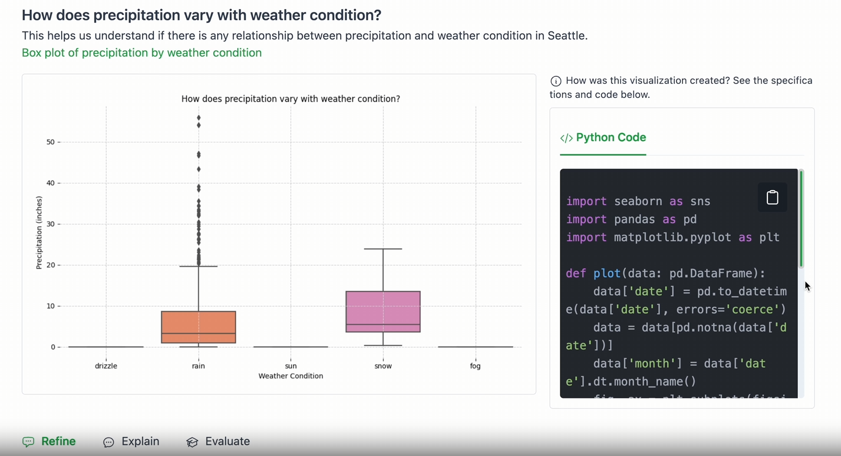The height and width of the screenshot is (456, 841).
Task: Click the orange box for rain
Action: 199,327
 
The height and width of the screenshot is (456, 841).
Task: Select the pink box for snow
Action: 383,311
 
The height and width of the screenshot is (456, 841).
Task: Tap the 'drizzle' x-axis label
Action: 106,366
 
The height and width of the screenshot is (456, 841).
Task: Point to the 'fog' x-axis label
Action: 475,366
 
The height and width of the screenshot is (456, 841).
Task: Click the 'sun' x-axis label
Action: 291,366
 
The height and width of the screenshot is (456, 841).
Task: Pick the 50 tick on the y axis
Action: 51,142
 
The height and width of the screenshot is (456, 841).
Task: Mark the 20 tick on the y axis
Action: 51,265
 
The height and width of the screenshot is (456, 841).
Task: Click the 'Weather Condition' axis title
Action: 291,376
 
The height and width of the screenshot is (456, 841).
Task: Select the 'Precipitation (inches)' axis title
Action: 39,232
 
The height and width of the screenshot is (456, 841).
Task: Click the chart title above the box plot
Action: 291,99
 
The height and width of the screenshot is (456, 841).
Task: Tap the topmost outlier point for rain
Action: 199,118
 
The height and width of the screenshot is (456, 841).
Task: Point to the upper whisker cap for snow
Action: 383,249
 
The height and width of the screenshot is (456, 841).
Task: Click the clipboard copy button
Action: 772,197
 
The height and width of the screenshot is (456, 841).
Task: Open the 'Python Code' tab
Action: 603,137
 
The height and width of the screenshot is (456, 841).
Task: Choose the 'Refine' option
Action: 49,441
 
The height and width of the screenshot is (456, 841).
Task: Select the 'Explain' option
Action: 131,441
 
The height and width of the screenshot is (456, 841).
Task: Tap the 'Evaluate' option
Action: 218,441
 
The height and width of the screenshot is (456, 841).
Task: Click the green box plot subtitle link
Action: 142,53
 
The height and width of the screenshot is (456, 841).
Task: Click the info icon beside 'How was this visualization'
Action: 556,81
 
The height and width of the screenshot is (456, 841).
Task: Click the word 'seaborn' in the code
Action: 638,201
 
